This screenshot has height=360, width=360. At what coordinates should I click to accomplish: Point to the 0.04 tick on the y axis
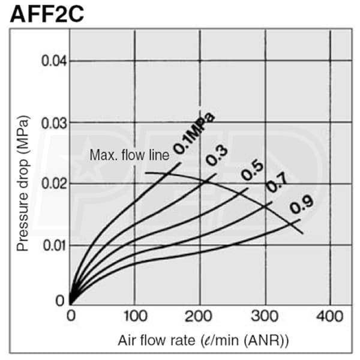pos(53,61)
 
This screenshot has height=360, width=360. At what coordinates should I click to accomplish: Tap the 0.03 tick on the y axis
pos(53,123)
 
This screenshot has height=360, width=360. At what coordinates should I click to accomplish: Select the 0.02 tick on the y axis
pos(53,184)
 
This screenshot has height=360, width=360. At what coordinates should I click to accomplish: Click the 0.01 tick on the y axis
pos(53,245)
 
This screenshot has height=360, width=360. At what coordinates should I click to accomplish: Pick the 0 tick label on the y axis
pos(59,300)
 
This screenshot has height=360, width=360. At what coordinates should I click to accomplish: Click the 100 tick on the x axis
pos(134,316)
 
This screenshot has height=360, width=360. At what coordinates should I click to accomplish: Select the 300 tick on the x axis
pos(265,316)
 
